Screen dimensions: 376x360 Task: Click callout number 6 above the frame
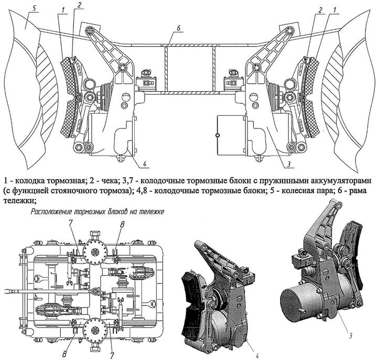coord(178,28)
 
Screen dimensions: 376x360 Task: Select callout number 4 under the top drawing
coord(145,164)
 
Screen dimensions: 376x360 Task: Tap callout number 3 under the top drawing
coord(289,164)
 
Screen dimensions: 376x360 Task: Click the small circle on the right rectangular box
coord(218,135)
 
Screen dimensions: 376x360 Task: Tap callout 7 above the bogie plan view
coord(71,223)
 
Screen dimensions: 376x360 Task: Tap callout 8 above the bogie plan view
coord(123,224)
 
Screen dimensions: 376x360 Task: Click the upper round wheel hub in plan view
coord(95,252)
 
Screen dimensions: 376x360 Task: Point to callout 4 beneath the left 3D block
coord(257,356)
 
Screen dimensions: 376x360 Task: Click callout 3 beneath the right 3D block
coord(350,336)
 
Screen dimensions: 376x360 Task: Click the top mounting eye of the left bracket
coord(90,31)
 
